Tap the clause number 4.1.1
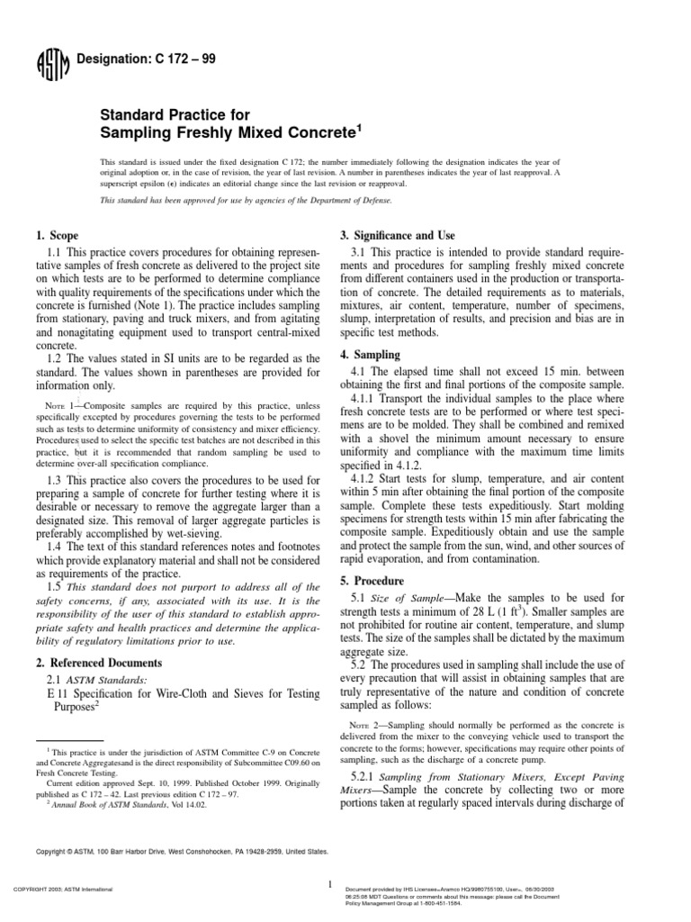[x=367, y=399]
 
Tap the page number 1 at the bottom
[x=331, y=885]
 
